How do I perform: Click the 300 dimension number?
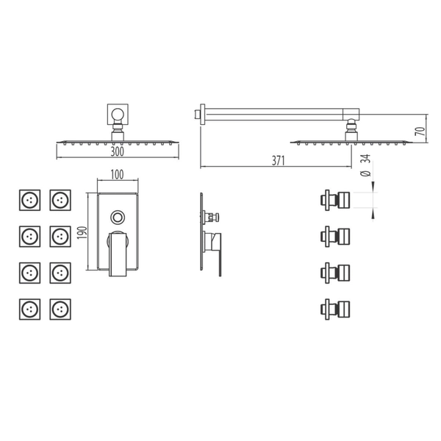tap(118, 151)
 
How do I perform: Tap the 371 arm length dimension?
tap(278, 160)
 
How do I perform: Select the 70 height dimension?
tap(420, 131)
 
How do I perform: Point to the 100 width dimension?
tap(117, 175)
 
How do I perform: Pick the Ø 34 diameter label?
tap(365, 165)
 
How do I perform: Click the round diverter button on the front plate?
tap(118, 218)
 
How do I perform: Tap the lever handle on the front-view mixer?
tap(118, 254)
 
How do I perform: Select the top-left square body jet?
tap(30, 200)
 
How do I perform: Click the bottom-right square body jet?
tap(60, 309)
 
